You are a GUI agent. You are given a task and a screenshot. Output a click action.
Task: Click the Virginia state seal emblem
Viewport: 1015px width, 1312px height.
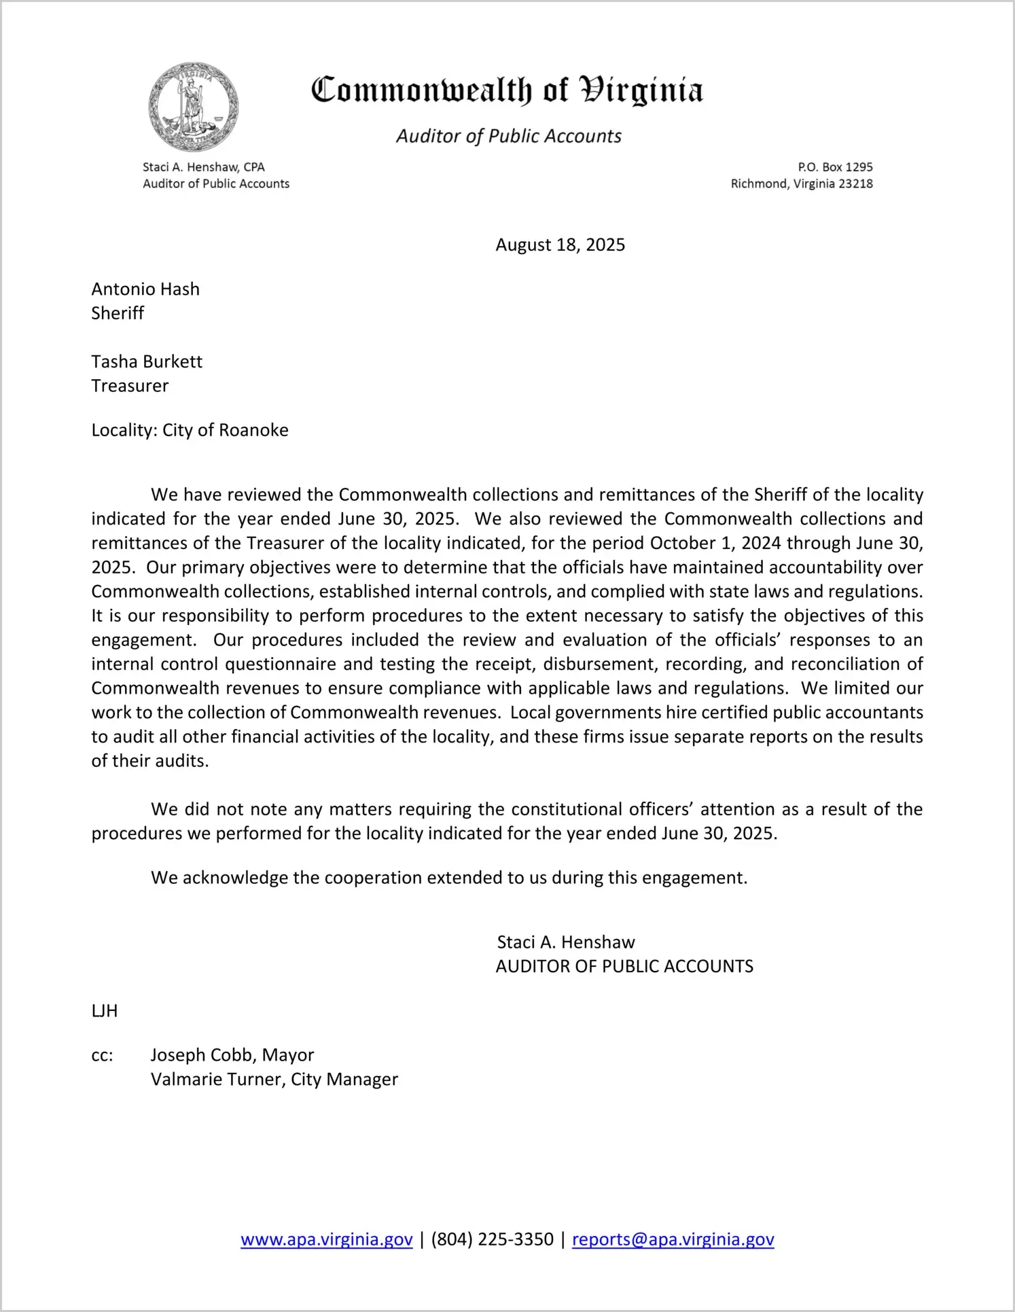(194, 107)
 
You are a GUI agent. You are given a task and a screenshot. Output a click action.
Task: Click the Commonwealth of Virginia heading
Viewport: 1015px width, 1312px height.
(507, 90)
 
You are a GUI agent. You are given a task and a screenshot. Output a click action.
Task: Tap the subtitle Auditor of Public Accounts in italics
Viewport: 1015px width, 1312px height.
(509, 137)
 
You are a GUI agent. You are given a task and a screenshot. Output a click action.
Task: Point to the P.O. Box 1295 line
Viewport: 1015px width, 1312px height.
(835, 167)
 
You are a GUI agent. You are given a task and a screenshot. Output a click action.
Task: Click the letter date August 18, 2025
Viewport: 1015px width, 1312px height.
(560, 245)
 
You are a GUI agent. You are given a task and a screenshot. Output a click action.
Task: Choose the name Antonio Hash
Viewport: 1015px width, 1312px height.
(145, 289)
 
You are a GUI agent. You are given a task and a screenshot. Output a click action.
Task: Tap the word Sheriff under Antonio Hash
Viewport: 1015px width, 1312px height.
(118, 313)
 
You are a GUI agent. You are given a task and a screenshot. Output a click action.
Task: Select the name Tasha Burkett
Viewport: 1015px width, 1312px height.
(147, 362)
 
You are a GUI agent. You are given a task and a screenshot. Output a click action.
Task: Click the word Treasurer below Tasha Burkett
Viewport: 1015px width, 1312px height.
(130, 386)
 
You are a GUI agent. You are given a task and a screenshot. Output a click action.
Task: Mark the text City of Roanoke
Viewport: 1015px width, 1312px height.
(226, 431)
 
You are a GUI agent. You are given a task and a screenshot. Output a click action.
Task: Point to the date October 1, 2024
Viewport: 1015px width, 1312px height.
(706, 544)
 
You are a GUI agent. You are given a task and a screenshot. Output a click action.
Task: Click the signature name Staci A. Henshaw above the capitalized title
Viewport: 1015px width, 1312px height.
(566, 942)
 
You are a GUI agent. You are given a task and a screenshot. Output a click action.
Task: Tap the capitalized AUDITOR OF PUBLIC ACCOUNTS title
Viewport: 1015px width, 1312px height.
(624, 967)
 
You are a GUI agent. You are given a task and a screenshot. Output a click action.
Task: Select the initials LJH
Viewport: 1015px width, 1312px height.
(105, 1012)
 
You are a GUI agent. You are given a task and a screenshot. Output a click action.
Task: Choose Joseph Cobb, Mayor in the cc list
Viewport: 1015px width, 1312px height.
(232, 1055)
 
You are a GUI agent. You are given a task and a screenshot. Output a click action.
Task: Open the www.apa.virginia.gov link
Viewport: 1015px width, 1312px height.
(327, 1239)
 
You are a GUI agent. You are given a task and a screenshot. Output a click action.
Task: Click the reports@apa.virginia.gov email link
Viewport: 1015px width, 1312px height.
(673, 1239)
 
